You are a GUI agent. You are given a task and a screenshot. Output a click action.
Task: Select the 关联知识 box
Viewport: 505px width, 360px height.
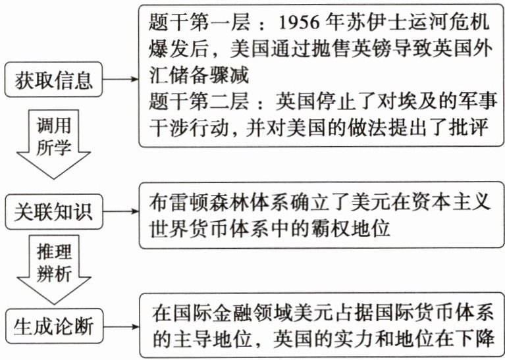point(54,212)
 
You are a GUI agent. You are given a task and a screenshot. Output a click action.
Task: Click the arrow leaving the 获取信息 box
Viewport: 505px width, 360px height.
point(120,80)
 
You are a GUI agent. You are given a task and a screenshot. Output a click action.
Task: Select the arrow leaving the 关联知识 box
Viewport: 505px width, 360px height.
point(120,212)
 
